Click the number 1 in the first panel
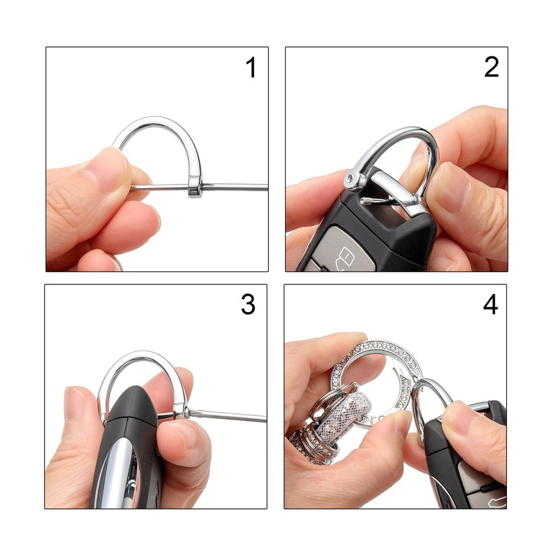pyautogui.click(x=251, y=67)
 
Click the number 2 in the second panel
pyautogui.click(x=491, y=67)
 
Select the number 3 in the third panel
pyautogui.click(x=248, y=304)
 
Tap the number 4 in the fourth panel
pyautogui.click(x=490, y=304)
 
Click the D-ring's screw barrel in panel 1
pyautogui.click(x=195, y=190)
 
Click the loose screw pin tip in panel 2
pyautogui.click(x=366, y=201)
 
